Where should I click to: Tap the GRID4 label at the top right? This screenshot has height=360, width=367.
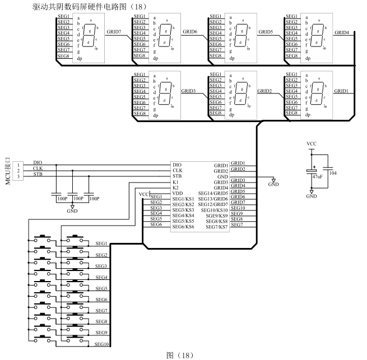click(x=342, y=32)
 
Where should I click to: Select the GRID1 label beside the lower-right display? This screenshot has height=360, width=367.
click(x=342, y=91)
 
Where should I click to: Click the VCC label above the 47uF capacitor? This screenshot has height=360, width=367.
click(x=312, y=144)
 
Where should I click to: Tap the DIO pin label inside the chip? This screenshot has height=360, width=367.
click(x=177, y=164)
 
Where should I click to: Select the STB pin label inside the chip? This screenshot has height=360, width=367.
click(x=177, y=176)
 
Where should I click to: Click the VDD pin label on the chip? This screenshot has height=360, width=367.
click(x=178, y=193)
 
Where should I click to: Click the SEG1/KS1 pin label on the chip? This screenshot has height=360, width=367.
click(x=183, y=199)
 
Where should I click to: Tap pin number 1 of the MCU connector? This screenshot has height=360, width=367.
click(x=18, y=165)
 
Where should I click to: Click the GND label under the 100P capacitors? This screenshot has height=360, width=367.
click(x=72, y=212)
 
